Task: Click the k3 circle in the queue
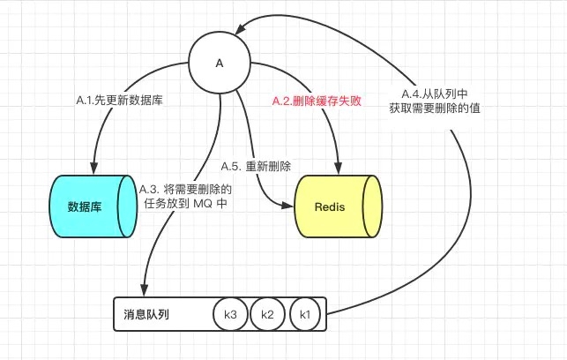point(230,314)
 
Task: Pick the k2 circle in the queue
point(267,314)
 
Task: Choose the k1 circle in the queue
point(305,314)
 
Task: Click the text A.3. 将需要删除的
point(185,189)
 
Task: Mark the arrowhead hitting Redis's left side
point(288,207)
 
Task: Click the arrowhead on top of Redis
point(335,170)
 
